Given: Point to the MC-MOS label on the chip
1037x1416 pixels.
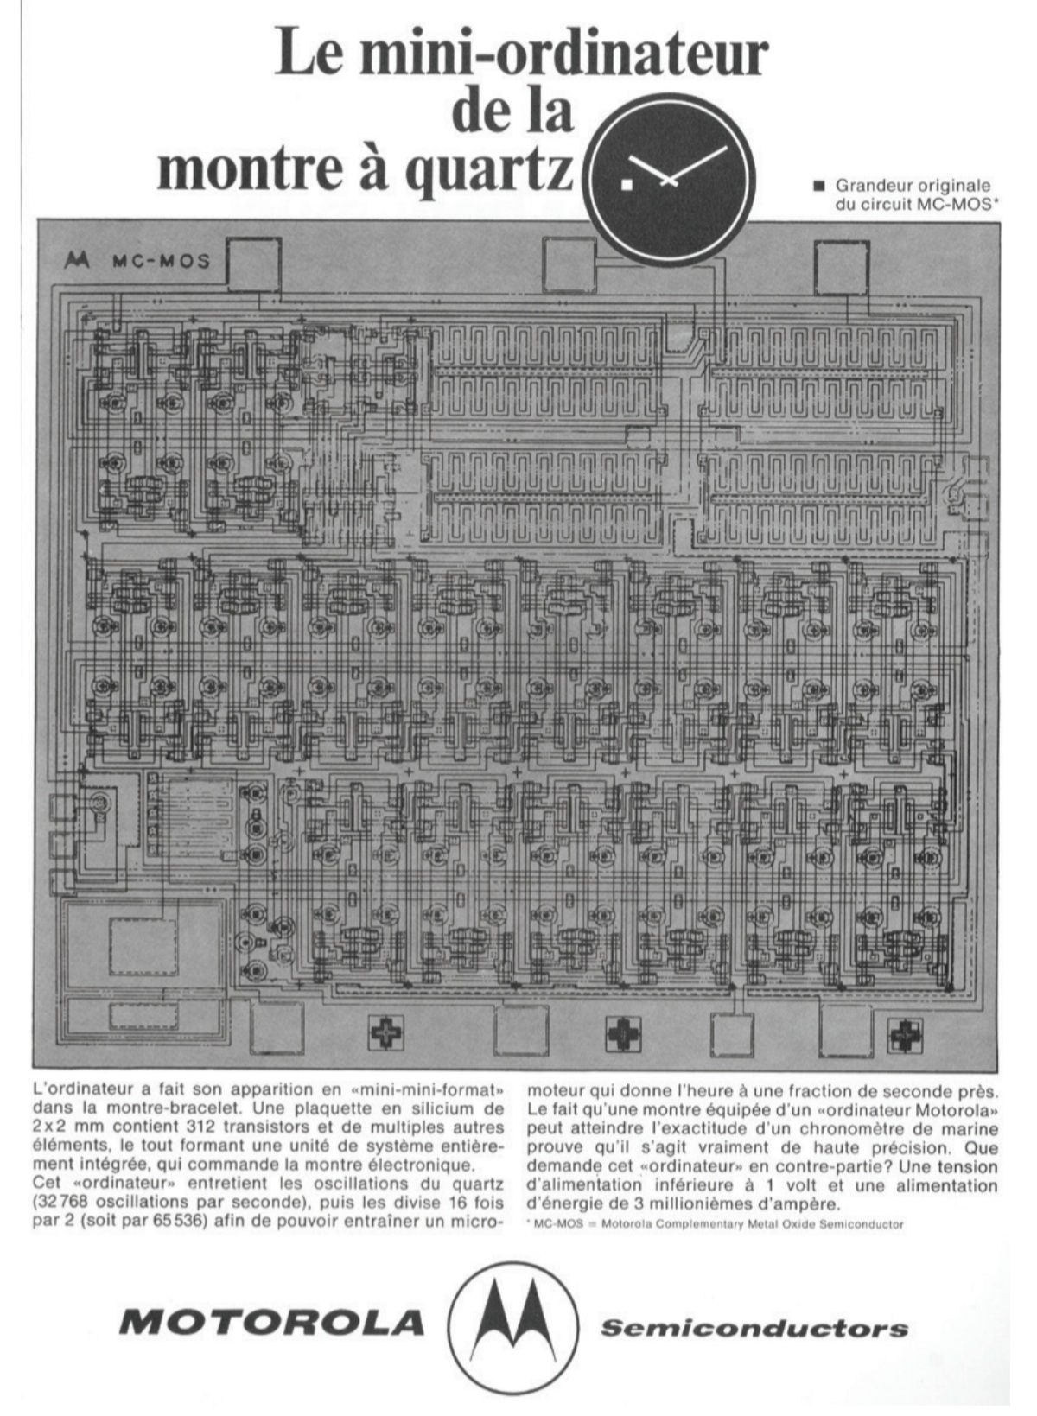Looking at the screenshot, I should (161, 261).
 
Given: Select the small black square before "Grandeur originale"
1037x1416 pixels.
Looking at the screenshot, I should (818, 185).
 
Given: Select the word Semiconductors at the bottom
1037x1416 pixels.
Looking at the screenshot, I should (754, 1328).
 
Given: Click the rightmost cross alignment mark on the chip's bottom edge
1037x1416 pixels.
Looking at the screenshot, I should (905, 1032).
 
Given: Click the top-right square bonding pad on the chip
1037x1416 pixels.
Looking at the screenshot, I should (842, 267).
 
